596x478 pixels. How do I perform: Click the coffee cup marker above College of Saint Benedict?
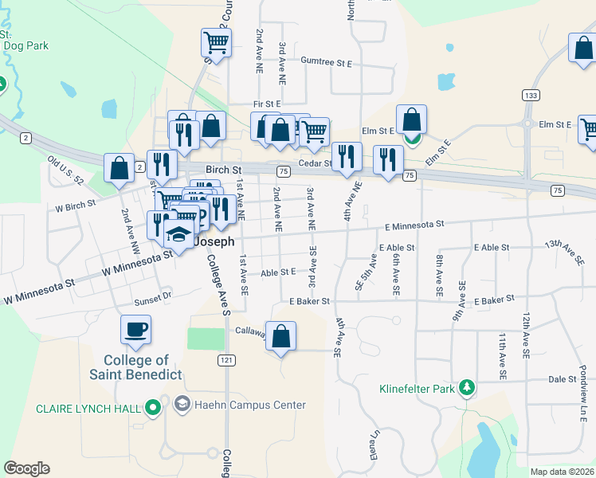point(135,330)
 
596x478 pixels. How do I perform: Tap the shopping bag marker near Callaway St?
point(280,336)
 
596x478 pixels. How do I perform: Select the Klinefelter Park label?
point(415,390)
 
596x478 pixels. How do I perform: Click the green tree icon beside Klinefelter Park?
point(466,389)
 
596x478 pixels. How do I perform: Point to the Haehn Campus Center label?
point(251,405)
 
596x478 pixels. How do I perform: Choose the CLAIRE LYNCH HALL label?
point(88,409)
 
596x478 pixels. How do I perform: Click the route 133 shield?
point(530,95)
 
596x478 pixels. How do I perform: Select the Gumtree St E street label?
point(327,61)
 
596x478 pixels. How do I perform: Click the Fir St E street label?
point(268,104)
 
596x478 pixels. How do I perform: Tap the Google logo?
point(26,468)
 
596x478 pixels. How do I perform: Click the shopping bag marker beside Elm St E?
point(411,120)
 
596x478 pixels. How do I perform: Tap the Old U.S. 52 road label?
point(65,170)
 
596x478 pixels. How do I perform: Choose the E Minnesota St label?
point(411,225)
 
